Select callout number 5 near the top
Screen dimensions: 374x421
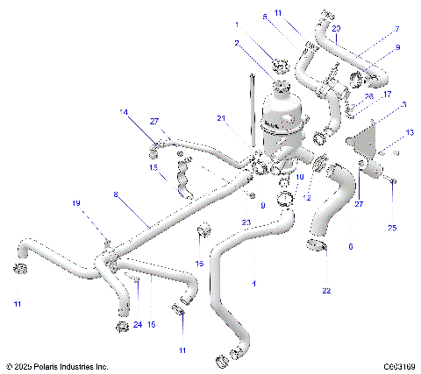[290, 16]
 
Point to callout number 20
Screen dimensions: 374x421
[337, 29]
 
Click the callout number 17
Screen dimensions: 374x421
[387, 94]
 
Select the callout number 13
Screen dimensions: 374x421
[409, 132]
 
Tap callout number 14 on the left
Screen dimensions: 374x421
[124, 112]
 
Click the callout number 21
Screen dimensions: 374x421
[222, 118]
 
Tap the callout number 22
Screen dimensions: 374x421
[326, 290]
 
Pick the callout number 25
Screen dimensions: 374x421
[391, 228]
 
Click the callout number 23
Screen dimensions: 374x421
[246, 222]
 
